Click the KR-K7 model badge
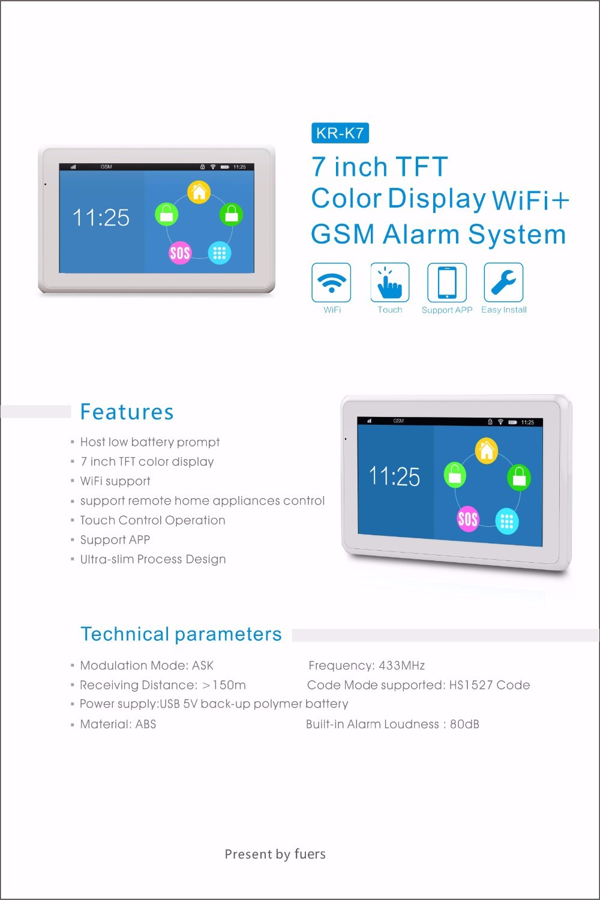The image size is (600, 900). point(340,133)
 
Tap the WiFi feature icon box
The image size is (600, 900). point(331,283)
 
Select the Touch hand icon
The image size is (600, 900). point(389,283)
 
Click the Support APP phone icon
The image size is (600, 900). point(447,283)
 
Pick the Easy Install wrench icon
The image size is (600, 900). point(503,283)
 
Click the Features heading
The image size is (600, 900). point(127,412)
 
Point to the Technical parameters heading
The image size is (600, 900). point(181,634)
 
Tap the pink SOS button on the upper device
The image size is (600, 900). point(179,253)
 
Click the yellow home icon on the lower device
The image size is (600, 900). point(487,451)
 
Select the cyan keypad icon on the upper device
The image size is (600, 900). point(220,253)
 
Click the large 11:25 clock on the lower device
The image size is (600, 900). point(394,477)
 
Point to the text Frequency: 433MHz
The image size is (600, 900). point(367,666)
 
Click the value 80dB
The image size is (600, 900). point(464,724)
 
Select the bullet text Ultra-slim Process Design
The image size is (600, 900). point(153,559)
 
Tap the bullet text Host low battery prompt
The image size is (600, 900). point(150,442)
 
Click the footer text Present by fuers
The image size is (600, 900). point(275,854)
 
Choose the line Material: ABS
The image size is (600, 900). point(118,724)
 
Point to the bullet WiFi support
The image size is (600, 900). point(115,481)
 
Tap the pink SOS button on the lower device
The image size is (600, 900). point(468,519)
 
